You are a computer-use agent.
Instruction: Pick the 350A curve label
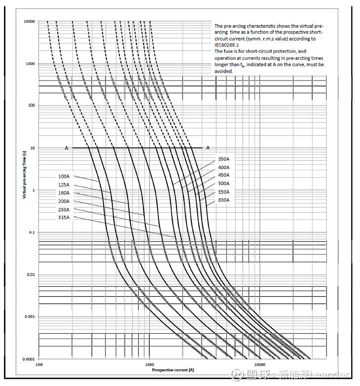click(223, 159)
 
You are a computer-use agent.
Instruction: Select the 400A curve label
click(223, 167)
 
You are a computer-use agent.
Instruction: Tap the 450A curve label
click(223, 175)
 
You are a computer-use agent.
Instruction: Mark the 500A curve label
click(223, 184)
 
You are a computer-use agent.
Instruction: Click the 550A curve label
click(223, 192)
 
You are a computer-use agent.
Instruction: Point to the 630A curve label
click(223, 200)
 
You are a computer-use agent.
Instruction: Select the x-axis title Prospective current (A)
click(173, 370)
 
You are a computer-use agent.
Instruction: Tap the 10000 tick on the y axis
click(29, 22)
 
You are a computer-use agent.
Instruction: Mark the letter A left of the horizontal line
click(66, 148)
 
